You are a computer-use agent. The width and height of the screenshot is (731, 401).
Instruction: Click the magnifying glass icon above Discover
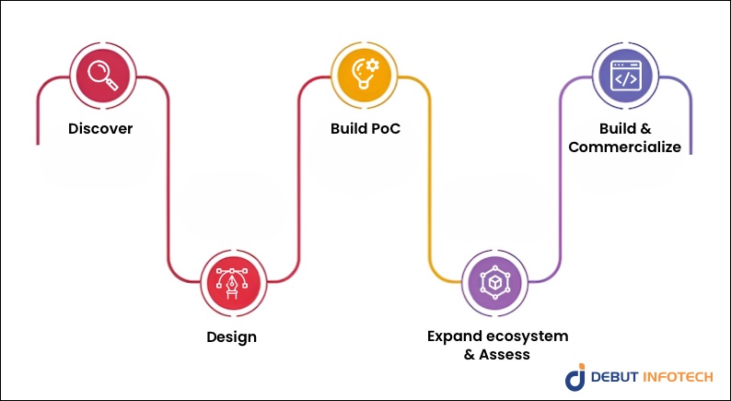[x=100, y=73]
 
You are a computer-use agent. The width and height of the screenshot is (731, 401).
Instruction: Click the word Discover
[x=100, y=128]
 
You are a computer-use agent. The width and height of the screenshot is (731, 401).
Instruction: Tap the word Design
[x=231, y=336]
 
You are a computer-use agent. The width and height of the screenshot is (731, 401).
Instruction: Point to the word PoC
[x=385, y=128]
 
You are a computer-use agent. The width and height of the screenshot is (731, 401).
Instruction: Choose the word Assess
[x=506, y=354]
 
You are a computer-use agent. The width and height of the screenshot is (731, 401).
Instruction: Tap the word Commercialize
[x=625, y=147]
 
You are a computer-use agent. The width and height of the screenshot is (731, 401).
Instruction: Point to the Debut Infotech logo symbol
[x=574, y=377]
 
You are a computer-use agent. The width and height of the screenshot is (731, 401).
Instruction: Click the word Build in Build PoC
[x=349, y=128]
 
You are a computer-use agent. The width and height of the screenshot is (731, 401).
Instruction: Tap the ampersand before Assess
[x=470, y=354]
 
